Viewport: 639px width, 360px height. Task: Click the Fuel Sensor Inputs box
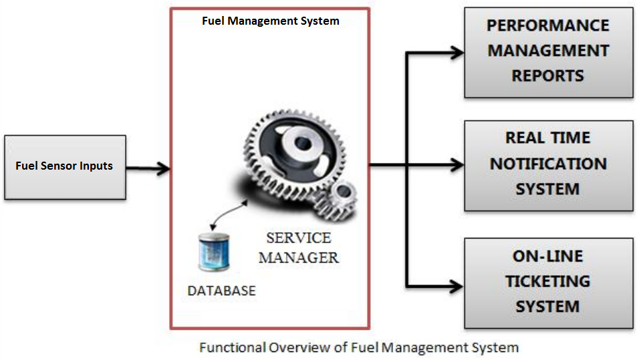pos(65,166)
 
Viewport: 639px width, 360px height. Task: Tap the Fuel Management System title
pos(270,21)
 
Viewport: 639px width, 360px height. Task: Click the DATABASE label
pos(221,291)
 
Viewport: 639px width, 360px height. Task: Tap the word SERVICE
pos(298,238)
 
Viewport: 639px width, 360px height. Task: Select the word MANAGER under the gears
pos(298,257)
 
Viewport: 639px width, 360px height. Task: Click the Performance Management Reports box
pos(548,51)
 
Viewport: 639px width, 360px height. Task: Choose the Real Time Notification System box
pos(548,165)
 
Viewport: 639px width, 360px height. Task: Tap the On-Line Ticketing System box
pos(548,282)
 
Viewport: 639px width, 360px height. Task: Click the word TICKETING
pos(547,282)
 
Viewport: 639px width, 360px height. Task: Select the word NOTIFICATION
pos(548,164)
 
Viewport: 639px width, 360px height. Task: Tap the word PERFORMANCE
pos(548,26)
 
